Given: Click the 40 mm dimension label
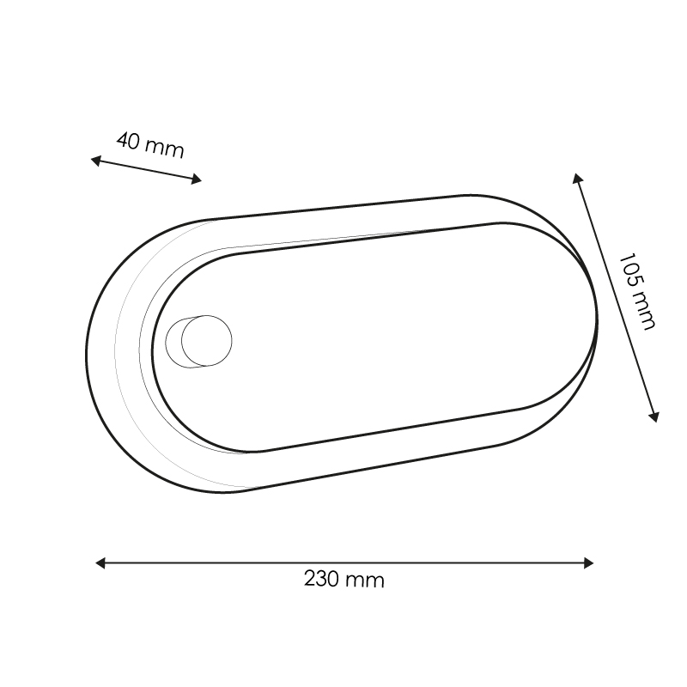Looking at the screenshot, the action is click(x=150, y=145).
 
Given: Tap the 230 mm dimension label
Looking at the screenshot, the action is click(x=344, y=579).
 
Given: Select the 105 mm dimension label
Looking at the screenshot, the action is click(x=637, y=292).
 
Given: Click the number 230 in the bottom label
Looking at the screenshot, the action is click(x=321, y=579).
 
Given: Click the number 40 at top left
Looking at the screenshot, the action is click(x=128, y=141).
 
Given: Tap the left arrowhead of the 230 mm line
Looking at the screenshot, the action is click(x=100, y=563).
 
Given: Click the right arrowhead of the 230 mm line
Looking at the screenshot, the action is click(x=588, y=563).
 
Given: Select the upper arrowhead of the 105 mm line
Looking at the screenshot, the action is click(x=577, y=179).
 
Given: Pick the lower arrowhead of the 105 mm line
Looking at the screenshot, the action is click(x=654, y=416).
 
